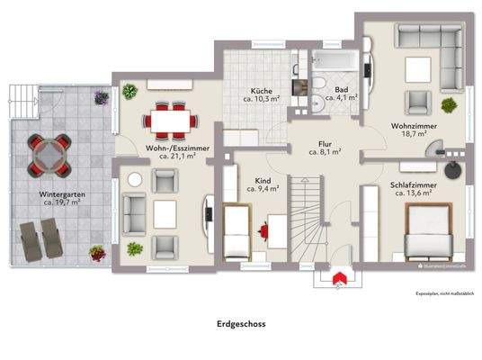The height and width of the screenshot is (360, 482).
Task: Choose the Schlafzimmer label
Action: (x=414, y=187)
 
